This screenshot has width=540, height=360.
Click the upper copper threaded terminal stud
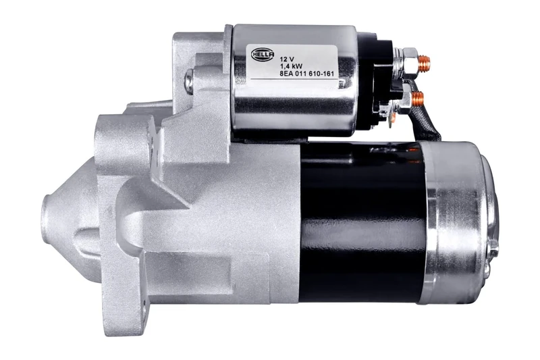423,63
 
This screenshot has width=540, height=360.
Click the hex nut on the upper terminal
409,62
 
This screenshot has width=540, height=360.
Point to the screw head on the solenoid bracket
189,81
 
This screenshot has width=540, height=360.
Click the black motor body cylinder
361,223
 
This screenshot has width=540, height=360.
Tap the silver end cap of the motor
459,216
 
